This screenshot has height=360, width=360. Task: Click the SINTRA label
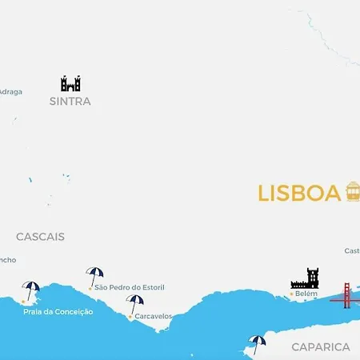tap(70, 102)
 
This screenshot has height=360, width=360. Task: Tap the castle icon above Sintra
tap(70, 83)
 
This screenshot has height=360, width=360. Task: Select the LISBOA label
tap(299, 194)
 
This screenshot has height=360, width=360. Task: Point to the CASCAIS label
tap(40, 237)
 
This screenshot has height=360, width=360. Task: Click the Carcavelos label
tap(153, 316)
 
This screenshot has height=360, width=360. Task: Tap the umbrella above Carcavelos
tap(135, 303)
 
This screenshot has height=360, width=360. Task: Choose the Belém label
tap(306, 294)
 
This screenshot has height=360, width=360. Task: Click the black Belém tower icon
tap(305, 278)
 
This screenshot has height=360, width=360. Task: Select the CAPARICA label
tap(321, 346)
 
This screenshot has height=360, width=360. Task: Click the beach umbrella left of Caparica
tap(257, 343)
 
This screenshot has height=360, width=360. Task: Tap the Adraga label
tap(10, 91)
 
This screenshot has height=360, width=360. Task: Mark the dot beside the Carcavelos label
tap(130, 316)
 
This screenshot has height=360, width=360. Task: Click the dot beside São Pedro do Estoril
tap(90, 287)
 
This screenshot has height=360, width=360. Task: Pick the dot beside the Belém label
tap(291, 294)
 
